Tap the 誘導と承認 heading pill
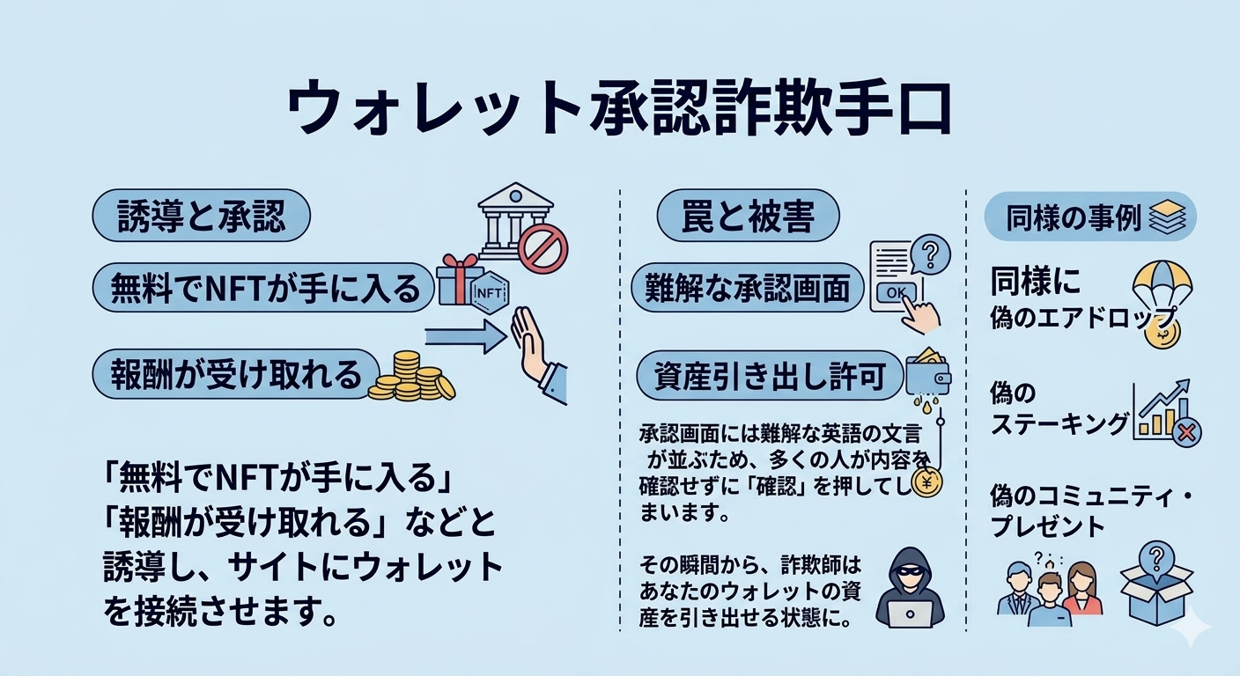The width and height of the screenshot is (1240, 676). coord(201,215)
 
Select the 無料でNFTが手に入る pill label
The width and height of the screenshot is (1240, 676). coord(263,288)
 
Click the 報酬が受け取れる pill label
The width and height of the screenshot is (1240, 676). coord(236,374)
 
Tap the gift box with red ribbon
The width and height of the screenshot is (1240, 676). coord(460,279)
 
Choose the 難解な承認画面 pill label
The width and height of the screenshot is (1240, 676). coord(748,288)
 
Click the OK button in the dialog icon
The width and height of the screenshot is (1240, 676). coord(896,291)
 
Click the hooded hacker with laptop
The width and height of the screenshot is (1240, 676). coord(910,589)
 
